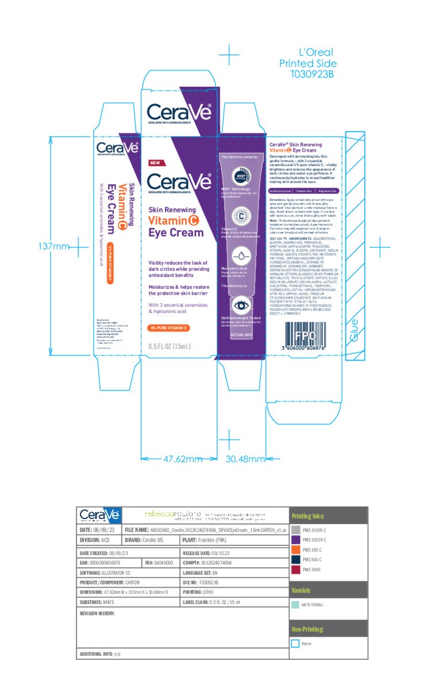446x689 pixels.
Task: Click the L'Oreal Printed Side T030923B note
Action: point(307,63)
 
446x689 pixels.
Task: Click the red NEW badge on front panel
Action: point(154,162)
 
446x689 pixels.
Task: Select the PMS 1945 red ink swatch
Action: point(296,570)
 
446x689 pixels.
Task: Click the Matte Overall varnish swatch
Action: point(296,605)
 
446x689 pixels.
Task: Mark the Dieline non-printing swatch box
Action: point(296,644)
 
